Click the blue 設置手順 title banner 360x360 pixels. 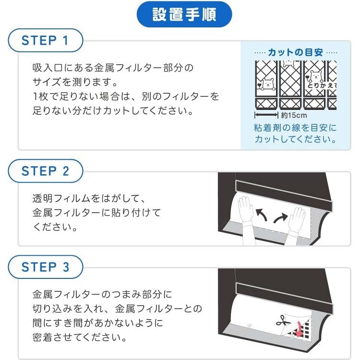coord(184,14)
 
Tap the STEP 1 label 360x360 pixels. coord(45,40)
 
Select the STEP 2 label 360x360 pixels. coord(45,171)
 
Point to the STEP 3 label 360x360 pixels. coord(45,267)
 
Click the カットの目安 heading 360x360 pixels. coord(296,52)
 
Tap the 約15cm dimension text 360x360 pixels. coord(294,115)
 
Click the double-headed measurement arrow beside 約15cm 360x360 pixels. coord(266,115)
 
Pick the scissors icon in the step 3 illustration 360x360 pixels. coord(283,321)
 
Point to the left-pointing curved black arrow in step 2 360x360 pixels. coord(261,214)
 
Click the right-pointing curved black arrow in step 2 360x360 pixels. coord(281,218)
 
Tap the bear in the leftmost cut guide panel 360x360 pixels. coord(266,84)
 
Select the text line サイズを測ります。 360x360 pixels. coord(75,82)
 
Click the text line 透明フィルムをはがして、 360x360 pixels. coord(89,198)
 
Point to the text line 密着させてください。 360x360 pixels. coord(79,337)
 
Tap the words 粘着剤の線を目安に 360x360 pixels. coord(295,128)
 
